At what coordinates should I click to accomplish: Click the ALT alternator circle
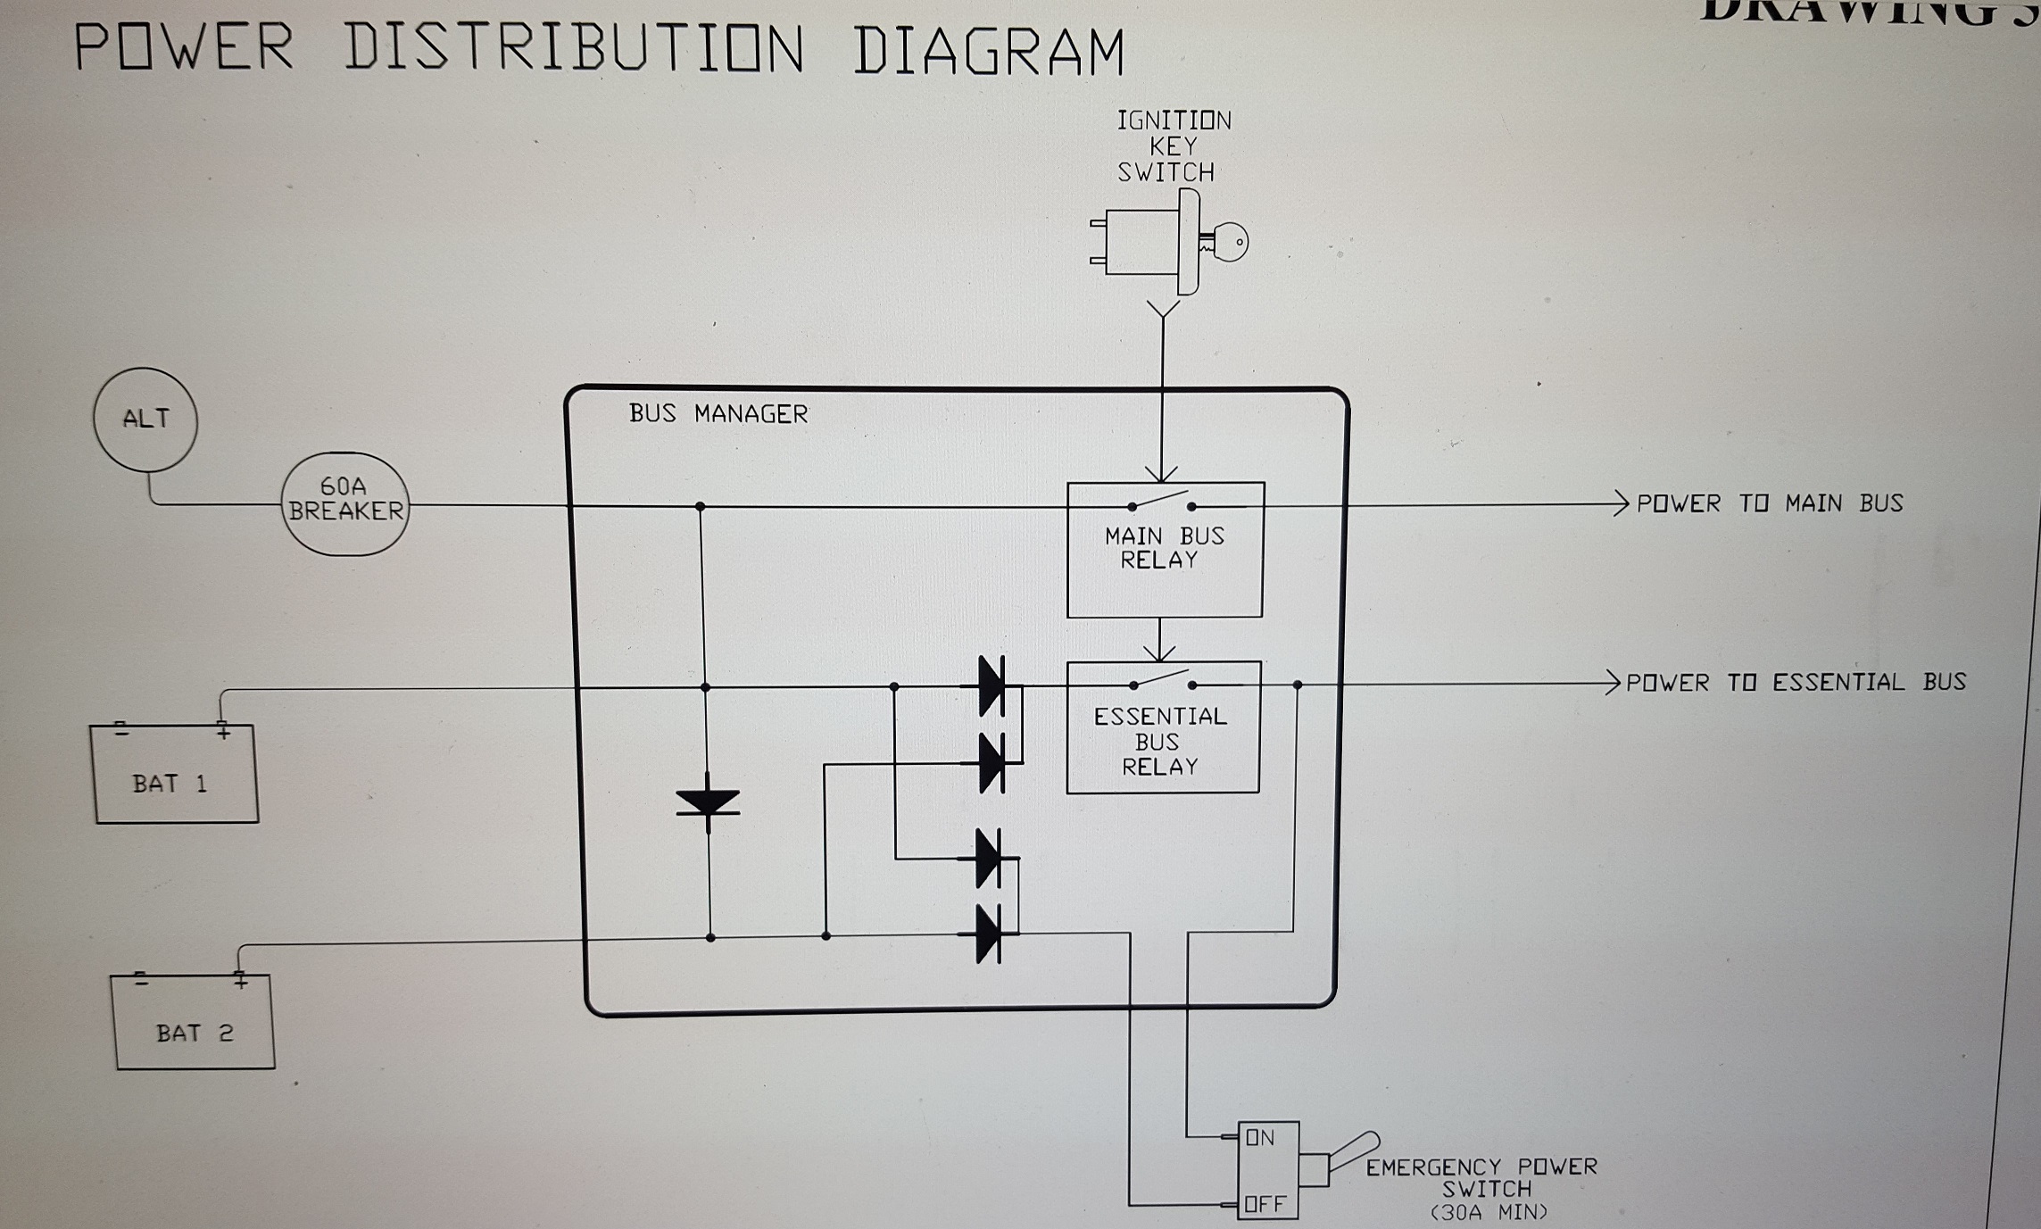point(145,419)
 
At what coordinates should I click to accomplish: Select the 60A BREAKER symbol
point(345,503)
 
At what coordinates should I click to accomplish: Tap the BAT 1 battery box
point(175,775)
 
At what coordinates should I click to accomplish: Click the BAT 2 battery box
point(194,1022)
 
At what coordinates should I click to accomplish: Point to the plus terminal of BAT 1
point(223,733)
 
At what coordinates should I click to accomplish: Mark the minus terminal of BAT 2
point(140,980)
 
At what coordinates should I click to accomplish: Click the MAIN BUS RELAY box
point(1165,550)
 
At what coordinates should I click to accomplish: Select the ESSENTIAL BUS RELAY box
point(1163,727)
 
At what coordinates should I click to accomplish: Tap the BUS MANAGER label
point(718,414)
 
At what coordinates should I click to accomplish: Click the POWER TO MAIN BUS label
point(1769,503)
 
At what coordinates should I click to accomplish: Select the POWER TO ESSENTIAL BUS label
point(1795,683)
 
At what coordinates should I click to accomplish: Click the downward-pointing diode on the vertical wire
point(708,802)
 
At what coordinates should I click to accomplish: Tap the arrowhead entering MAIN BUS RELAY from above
point(1161,474)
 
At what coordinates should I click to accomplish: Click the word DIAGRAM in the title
point(989,51)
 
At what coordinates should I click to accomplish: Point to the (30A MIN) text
point(1489,1213)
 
